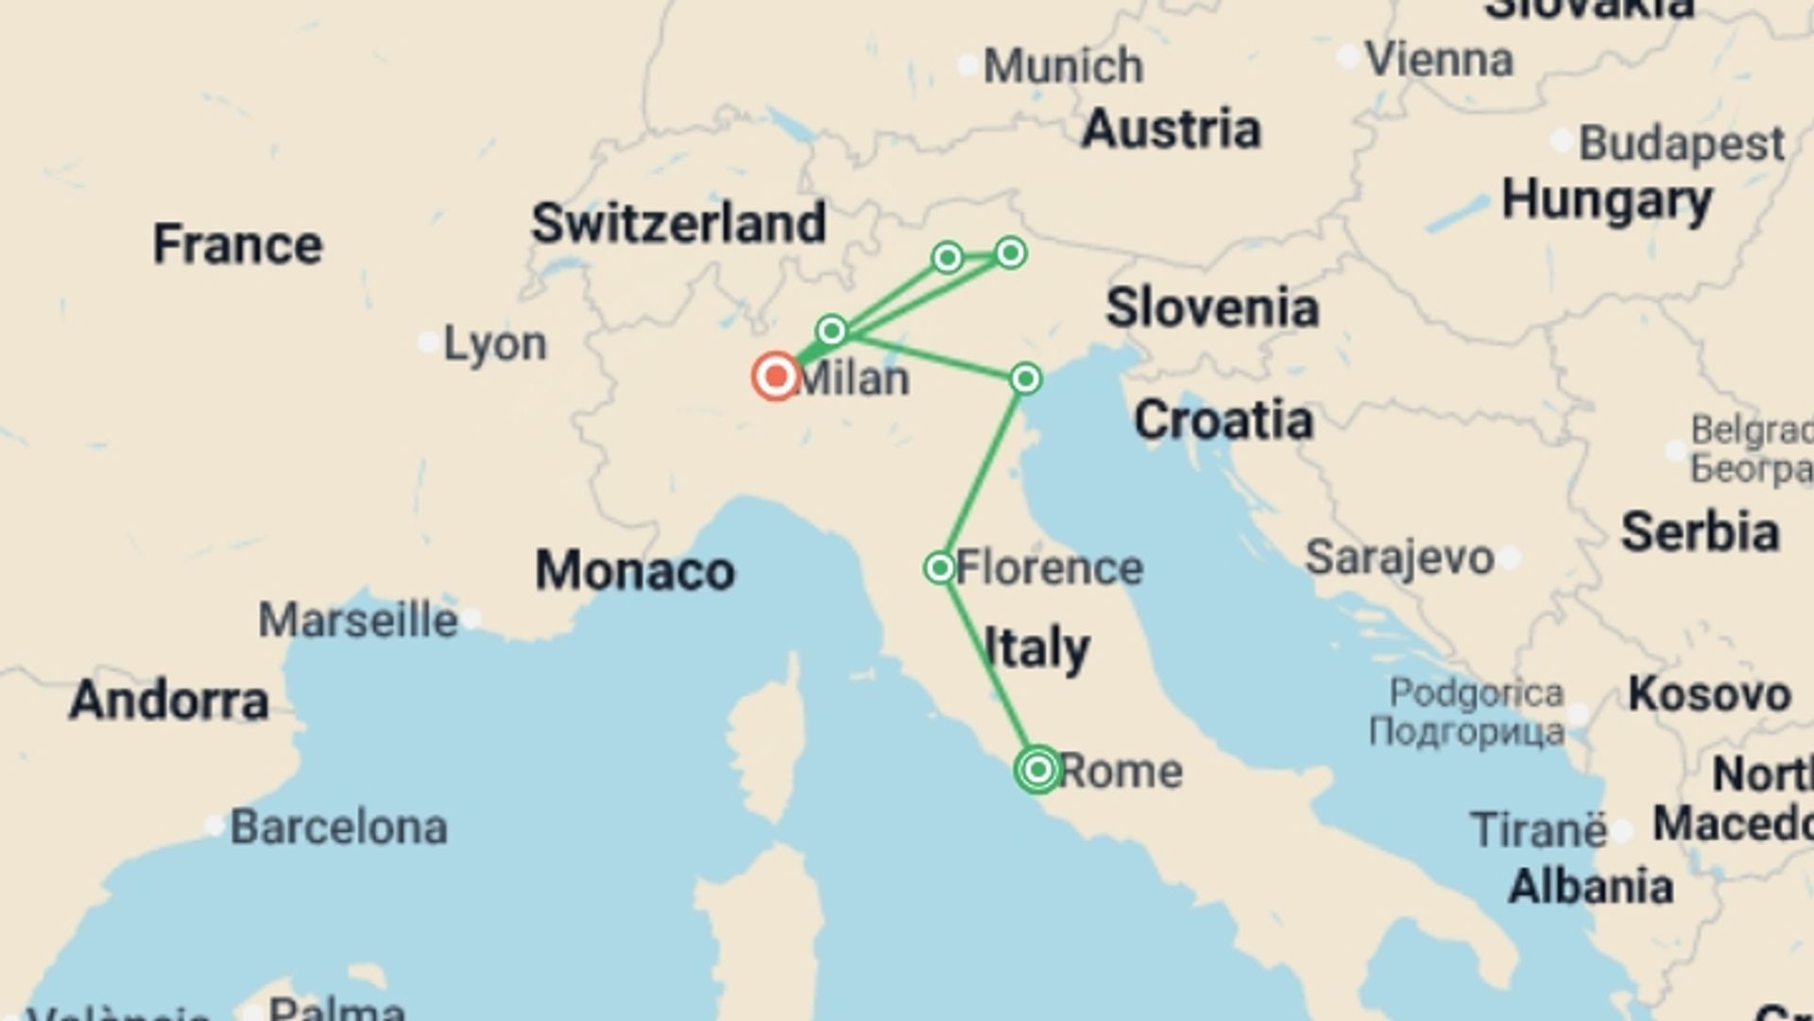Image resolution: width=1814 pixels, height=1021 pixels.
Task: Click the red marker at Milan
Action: [x=776, y=376]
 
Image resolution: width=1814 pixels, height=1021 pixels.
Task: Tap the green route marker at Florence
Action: [x=939, y=567]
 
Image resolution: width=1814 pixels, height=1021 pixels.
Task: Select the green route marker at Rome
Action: [x=1037, y=769]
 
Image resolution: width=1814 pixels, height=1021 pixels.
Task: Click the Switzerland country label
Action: [x=678, y=223]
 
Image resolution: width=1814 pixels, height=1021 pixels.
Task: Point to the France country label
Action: [x=237, y=245]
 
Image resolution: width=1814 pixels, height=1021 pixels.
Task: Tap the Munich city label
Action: [x=1063, y=66]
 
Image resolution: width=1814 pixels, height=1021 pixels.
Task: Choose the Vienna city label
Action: [x=1439, y=60]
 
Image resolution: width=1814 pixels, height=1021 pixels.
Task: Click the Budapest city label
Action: [x=1682, y=144]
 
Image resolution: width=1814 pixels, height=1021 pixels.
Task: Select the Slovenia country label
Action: [x=1212, y=308]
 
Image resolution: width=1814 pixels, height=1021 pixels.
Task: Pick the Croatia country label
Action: [x=1224, y=420]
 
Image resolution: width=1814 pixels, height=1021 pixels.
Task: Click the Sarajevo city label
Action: [x=1399, y=558]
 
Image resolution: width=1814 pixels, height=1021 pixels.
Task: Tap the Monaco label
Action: [x=635, y=571]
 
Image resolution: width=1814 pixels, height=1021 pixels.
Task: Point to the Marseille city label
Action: [x=358, y=620]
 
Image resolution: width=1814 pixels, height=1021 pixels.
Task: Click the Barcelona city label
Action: [x=338, y=827]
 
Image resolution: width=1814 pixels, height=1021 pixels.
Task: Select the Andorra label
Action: [x=169, y=701]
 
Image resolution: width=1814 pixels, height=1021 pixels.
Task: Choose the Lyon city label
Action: [x=495, y=343]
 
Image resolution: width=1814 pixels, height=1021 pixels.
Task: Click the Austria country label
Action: [x=1171, y=129]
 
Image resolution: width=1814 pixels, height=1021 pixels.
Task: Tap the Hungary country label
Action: [x=1607, y=200]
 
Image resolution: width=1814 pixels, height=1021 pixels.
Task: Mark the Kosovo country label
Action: [x=1709, y=695]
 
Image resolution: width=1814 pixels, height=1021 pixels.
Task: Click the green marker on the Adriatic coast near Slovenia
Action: [x=1025, y=378]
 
